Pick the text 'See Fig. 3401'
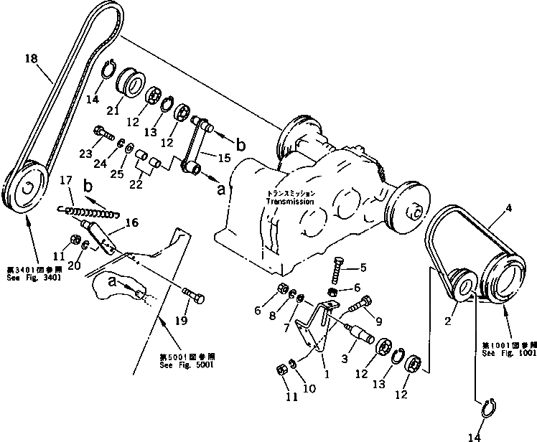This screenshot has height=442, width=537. click(32, 278)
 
